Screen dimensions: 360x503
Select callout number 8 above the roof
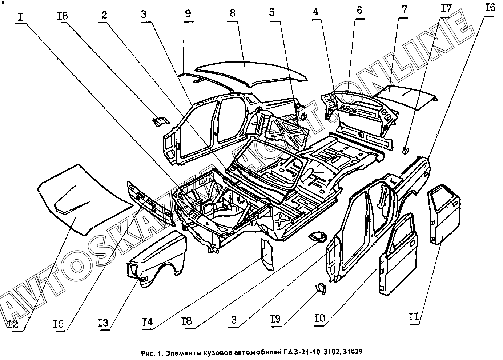[x=232, y=13]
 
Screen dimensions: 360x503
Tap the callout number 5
[x=271, y=13]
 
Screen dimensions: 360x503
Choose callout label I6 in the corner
[x=490, y=7]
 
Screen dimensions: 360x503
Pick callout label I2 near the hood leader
[x=13, y=324]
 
